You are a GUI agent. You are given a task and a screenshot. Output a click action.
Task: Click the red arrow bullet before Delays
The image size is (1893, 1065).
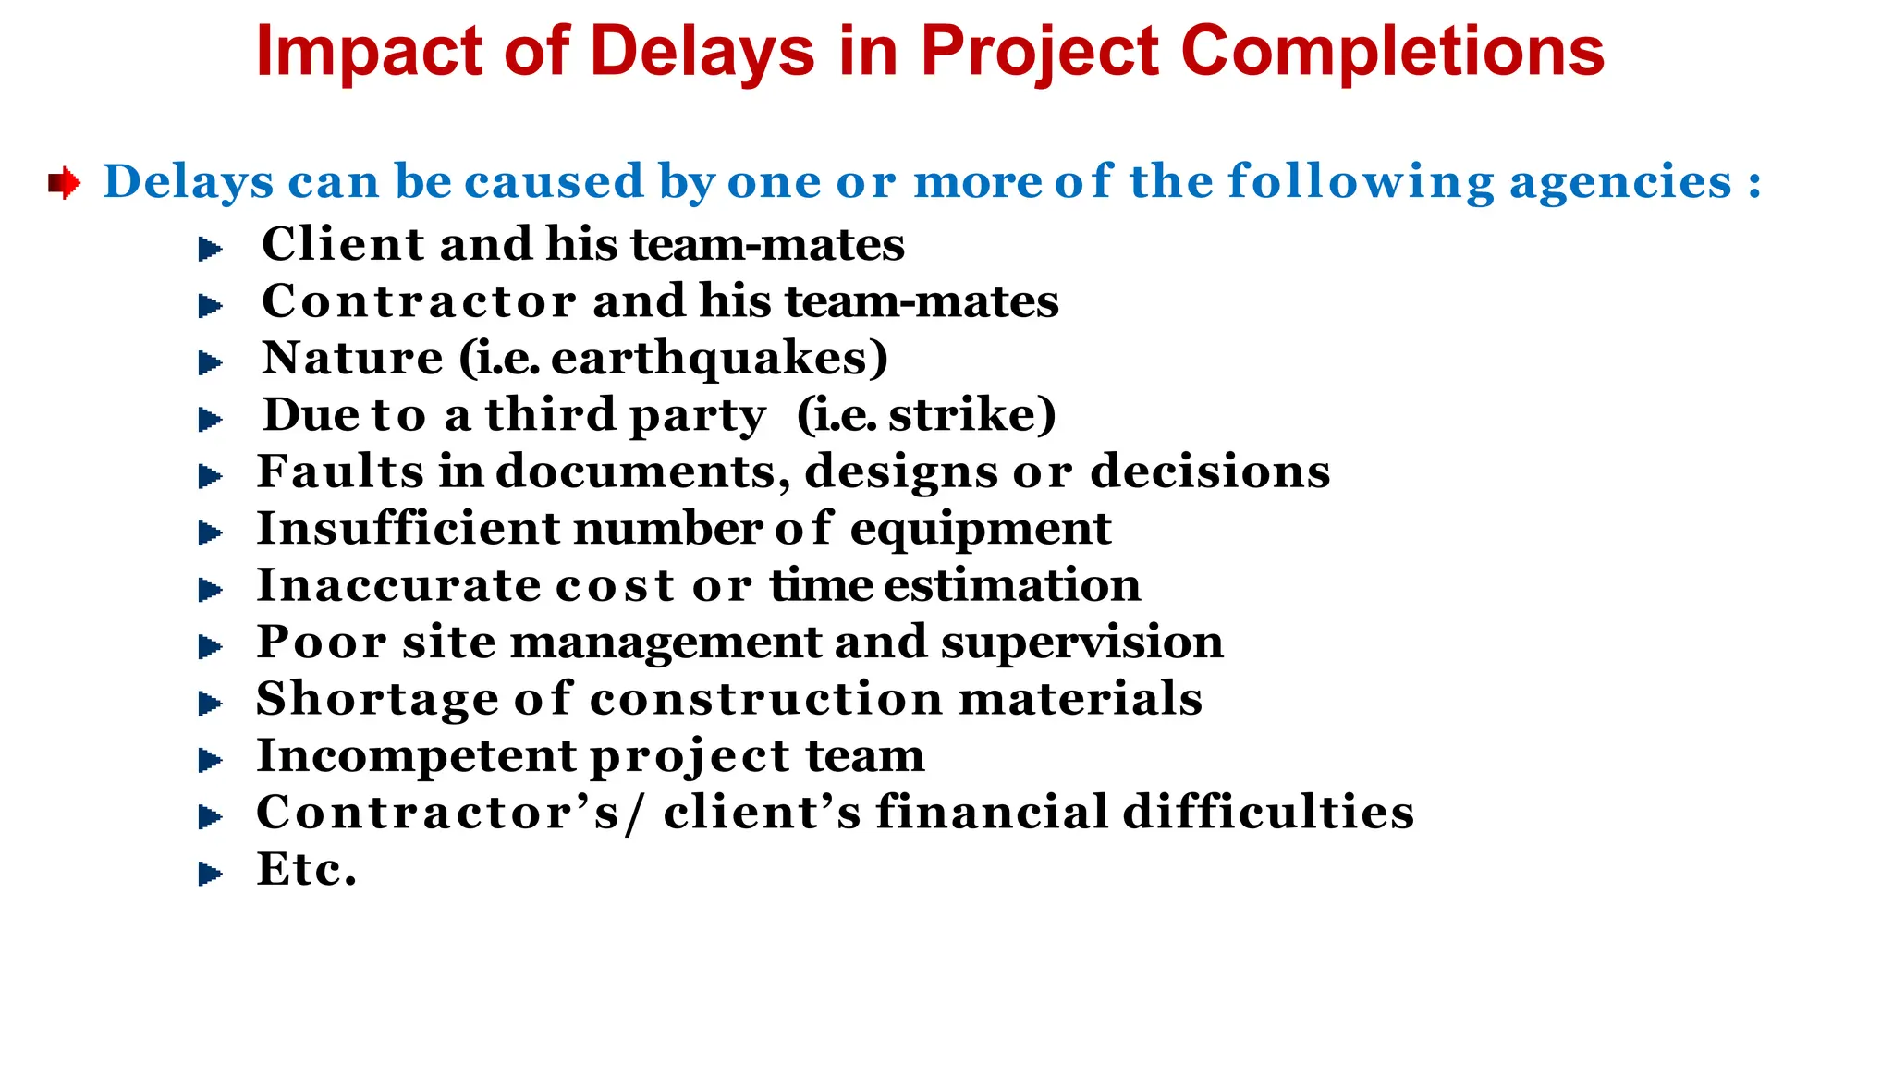[64, 182]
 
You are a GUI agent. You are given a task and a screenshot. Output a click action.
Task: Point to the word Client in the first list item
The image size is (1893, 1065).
[342, 245]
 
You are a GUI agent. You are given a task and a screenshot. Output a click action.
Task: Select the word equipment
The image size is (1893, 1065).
[980, 531]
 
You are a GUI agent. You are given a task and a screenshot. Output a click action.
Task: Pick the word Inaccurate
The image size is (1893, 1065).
[398, 585]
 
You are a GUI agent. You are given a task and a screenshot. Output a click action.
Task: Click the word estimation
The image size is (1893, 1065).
[1012, 585]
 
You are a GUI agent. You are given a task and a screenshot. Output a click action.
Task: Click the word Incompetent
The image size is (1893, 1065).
[416, 756]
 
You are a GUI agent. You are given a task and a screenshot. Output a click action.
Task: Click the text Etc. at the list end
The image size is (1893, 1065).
[306, 870]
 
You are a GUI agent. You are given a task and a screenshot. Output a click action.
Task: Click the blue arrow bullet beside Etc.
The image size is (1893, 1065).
[211, 874]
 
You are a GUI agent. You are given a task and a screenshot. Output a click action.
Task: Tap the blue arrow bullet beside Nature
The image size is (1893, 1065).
[211, 363]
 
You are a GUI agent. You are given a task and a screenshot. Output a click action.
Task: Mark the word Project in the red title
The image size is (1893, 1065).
[1039, 52]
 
